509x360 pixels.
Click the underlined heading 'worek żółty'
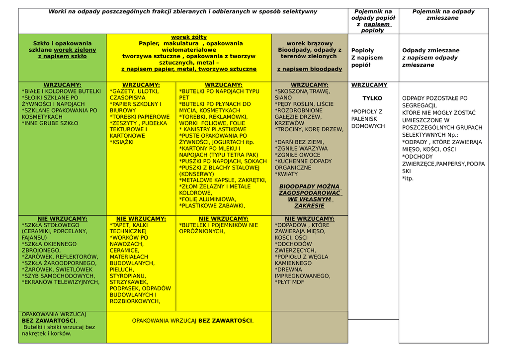tap(189, 37)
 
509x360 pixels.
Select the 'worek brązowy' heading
tap(310, 44)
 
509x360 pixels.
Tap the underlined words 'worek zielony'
tap(75, 50)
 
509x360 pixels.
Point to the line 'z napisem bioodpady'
tap(310, 69)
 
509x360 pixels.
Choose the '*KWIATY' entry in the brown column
tap(286, 174)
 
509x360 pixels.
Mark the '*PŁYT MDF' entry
tap(289, 282)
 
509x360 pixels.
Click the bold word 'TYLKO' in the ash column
tap(372, 98)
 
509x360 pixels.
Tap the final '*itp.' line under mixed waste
tap(408, 179)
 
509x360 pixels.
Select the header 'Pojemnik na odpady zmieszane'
tap(443, 15)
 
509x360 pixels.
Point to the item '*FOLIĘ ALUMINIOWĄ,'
tap(208, 199)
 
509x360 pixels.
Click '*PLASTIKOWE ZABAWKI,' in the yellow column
tap(212, 205)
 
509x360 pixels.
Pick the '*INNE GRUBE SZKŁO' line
tap(50, 123)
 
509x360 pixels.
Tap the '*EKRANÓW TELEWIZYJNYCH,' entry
tap(61, 282)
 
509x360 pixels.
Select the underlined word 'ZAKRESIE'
tap(309, 205)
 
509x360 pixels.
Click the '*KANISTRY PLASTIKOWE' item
tap(206, 129)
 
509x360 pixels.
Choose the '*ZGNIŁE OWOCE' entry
tap(298, 155)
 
